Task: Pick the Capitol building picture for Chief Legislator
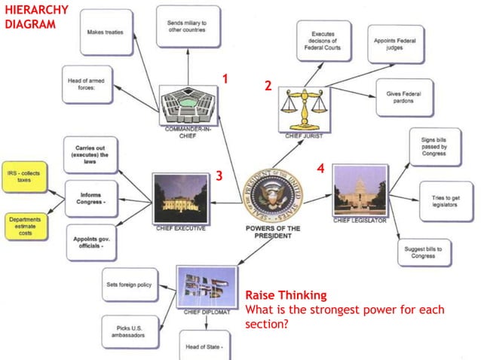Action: click(x=360, y=191)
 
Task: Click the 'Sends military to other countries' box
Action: click(x=188, y=27)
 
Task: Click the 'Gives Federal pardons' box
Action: click(x=403, y=97)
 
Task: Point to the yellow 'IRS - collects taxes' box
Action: click(x=25, y=177)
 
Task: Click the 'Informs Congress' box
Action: click(x=91, y=199)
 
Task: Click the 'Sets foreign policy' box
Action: click(x=130, y=285)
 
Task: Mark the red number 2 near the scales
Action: click(x=268, y=87)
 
